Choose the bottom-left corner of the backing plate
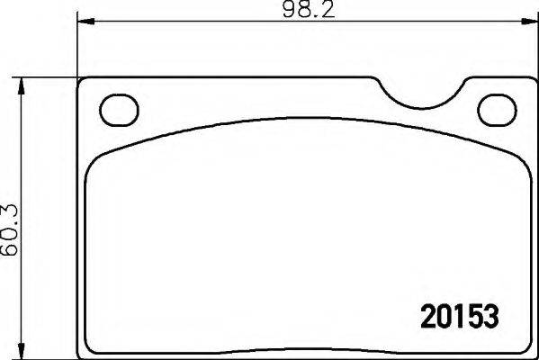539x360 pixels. (x=84, y=351)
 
